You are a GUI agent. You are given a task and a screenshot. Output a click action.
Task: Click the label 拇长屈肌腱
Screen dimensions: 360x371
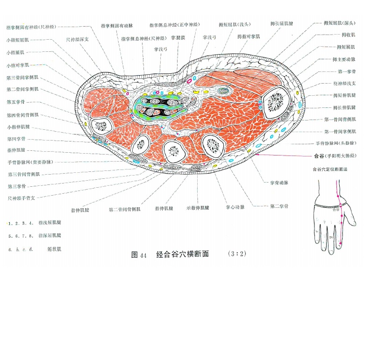(x=282, y=23)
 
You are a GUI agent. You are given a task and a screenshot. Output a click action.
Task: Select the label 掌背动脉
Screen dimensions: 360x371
(x=279, y=183)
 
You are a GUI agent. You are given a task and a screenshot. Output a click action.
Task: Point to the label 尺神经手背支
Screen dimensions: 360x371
(x=21, y=198)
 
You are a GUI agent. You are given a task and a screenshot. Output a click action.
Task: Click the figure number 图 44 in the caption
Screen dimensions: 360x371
(x=139, y=255)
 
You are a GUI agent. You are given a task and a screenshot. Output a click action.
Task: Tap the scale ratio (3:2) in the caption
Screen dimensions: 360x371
(x=237, y=254)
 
